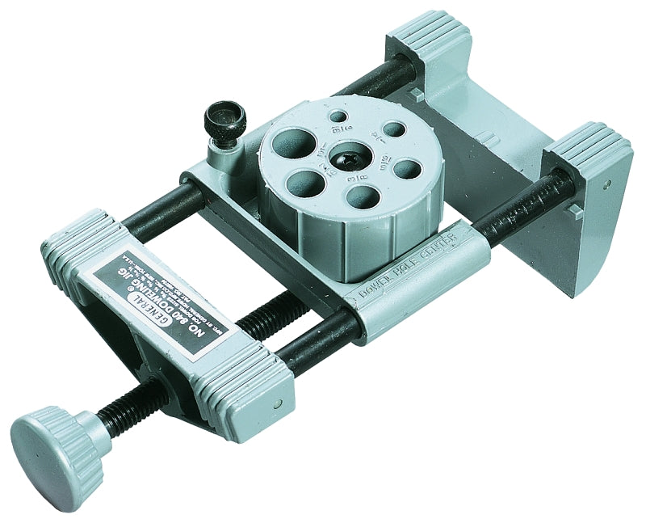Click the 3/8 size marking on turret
(361, 172)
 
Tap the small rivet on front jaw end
(277, 401)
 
